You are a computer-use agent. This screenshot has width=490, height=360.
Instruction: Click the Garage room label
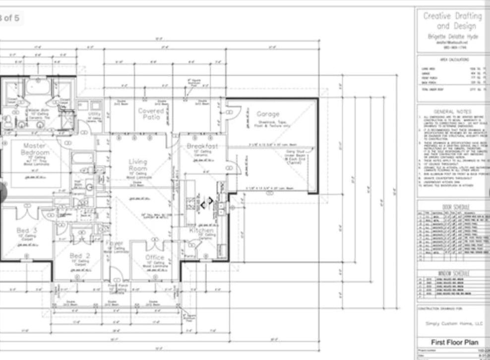[268, 114]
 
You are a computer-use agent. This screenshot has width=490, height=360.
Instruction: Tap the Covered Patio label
[151, 114]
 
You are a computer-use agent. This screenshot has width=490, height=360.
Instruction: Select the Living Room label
[138, 165]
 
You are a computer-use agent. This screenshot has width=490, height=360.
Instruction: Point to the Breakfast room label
[202, 146]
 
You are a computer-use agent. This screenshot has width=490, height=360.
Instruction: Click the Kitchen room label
[202, 231]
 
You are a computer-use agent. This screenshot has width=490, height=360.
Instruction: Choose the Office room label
[155, 257]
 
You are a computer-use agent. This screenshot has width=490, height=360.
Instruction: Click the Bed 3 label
[27, 231]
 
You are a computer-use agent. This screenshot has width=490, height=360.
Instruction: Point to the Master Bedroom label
[35, 149]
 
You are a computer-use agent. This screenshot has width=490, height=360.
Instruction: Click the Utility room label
[94, 114]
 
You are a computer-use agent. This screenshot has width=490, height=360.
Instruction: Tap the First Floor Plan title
[454, 342]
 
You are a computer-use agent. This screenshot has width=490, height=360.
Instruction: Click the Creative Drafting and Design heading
[452, 21]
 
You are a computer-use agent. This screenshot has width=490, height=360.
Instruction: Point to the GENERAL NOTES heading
[452, 112]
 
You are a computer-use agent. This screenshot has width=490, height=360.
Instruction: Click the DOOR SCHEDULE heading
[452, 207]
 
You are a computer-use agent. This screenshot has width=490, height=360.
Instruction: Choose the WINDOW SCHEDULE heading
[452, 273]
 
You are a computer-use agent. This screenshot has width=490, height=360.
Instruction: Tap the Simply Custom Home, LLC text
[454, 323]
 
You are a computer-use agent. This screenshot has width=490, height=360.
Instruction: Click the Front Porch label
[115, 286]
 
